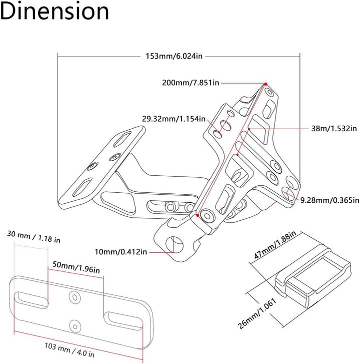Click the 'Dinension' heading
click(54, 12)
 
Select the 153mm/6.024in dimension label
click(174, 56)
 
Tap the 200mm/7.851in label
click(190, 83)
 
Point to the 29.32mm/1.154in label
click(174, 119)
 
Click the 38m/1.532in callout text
click(334, 128)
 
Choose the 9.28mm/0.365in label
click(330, 200)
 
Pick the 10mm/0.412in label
click(121, 252)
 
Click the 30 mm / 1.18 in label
click(33, 237)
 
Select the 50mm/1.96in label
click(76, 267)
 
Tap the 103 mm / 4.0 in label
click(69, 350)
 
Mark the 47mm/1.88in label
click(275, 245)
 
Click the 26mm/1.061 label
click(257, 313)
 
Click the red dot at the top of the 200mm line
click(266, 84)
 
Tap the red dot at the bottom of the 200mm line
click(197, 215)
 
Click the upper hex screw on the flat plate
click(75, 297)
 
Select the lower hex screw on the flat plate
click(75, 326)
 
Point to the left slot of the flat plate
click(31, 300)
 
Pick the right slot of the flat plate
click(123, 321)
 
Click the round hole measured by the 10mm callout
click(174, 245)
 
